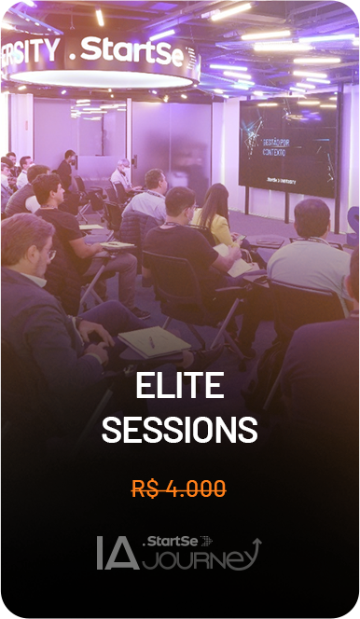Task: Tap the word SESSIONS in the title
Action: (x=179, y=430)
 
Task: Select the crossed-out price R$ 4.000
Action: (x=179, y=488)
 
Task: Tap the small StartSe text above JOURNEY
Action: (x=166, y=540)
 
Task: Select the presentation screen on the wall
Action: (x=286, y=145)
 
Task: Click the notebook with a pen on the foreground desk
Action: (x=154, y=341)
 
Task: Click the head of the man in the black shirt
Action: (x=179, y=204)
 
